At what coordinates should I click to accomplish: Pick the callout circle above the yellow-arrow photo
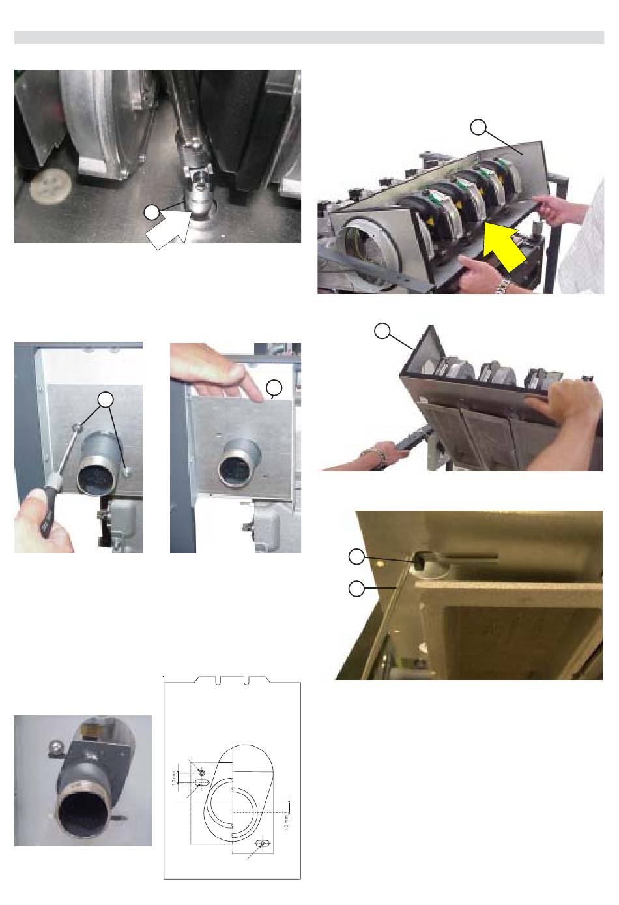pos(478,127)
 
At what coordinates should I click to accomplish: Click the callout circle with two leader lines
pos(106,400)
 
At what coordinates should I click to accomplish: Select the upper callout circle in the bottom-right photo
pos(356,557)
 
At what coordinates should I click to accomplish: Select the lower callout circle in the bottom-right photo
pos(356,589)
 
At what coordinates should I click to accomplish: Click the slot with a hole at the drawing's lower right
pos(263,844)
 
